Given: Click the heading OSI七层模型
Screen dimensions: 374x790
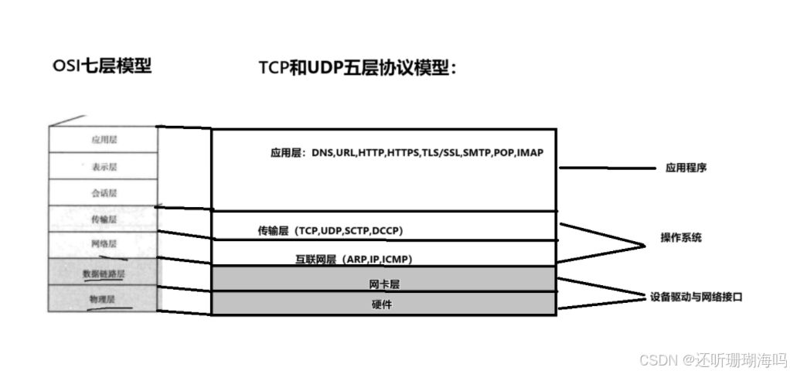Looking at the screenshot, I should click(x=101, y=66).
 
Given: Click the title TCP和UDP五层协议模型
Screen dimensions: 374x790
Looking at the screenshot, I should click(x=357, y=68).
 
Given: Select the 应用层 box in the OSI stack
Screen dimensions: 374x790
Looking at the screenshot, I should click(x=103, y=140).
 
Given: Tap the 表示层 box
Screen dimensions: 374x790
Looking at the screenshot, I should click(x=103, y=166).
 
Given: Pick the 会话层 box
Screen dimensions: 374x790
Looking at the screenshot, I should click(x=103, y=192).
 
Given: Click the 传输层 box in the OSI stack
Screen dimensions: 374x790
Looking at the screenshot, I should click(x=103, y=219).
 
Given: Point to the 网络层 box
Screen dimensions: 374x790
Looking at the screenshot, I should click(x=103, y=244).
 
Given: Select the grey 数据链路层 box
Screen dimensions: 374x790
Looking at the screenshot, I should click(x=103, y=273).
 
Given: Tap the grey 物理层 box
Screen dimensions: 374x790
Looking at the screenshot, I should click(x=103, y=298).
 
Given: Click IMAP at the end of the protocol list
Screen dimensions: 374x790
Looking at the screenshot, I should click(x=530, y=153).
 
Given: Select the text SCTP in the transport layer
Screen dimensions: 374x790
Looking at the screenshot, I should click(x=356, y=231).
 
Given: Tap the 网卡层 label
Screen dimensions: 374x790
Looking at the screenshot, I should click(x=384, y=284).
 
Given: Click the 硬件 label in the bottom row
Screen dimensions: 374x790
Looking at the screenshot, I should click(x=383, y=304).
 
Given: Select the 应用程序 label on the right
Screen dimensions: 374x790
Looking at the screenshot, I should click(x=686, y=168).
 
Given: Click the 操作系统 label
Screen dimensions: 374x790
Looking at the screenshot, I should click(x=681, y=238).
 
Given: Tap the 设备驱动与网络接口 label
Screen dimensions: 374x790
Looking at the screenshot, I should click(x=696, y=296).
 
